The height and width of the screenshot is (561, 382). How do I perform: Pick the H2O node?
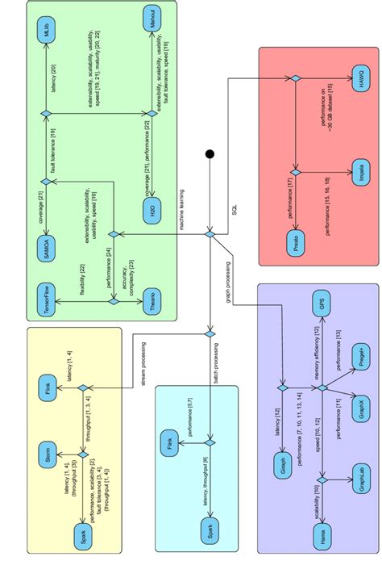click(152, 211)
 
